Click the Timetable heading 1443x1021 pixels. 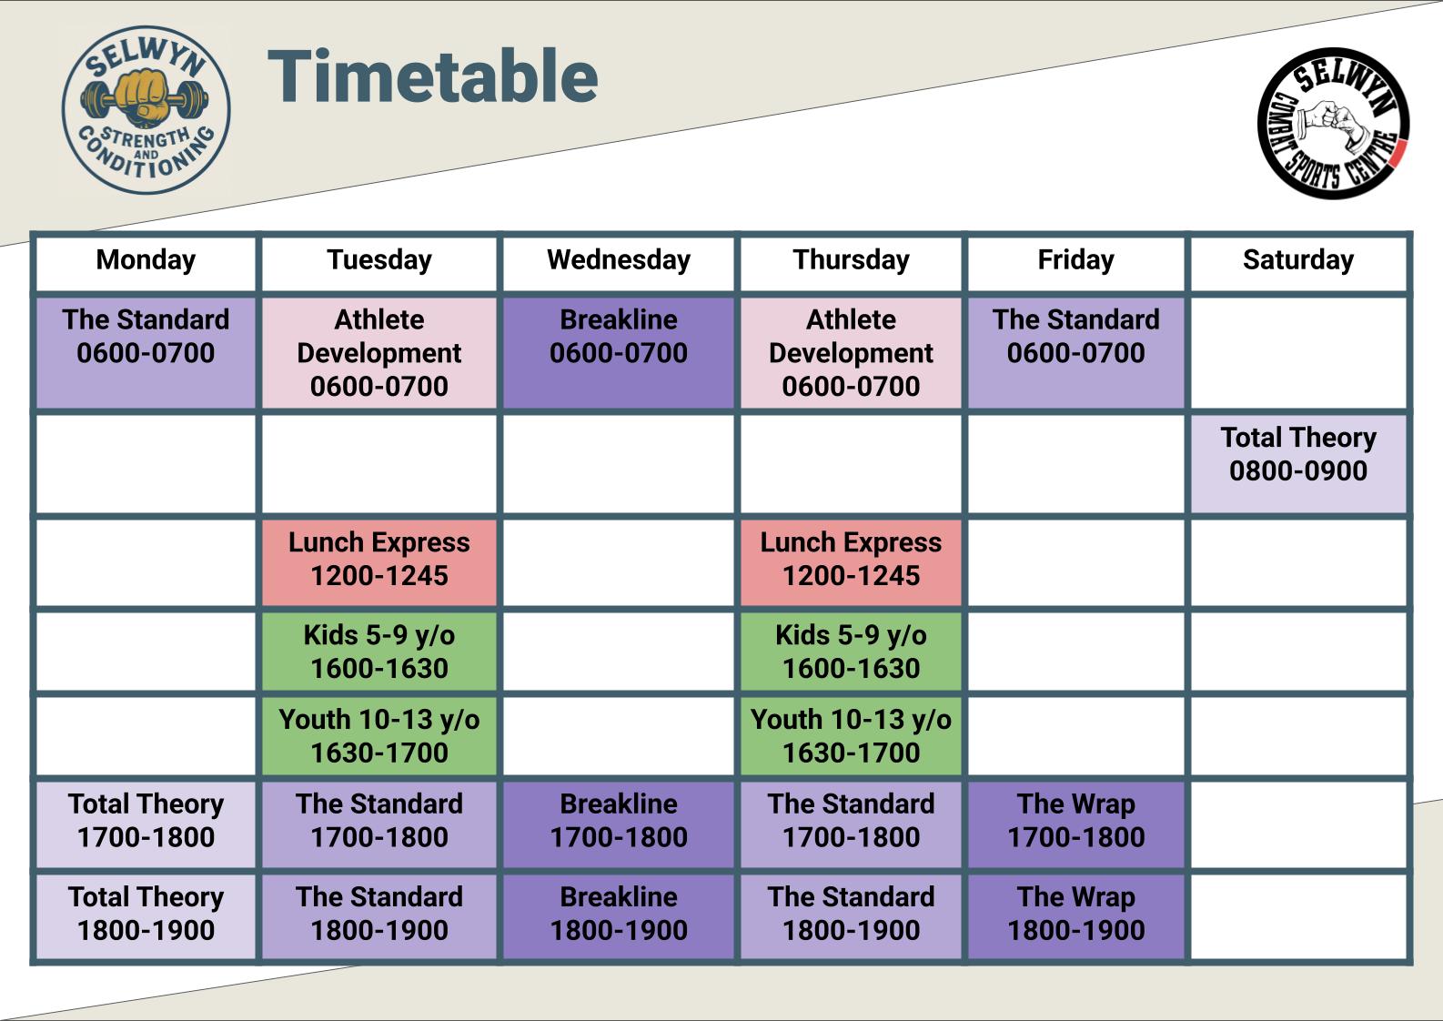click(433, 76)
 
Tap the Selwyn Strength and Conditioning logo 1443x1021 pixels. click(146, 110)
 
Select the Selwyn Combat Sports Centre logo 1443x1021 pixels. click(1334, 123)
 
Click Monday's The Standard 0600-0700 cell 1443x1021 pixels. click(146, 352)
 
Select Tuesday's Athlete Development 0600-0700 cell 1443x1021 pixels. click(379, 352)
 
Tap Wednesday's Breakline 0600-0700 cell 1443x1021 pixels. click(619, 352)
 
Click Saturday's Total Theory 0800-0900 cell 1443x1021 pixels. click(1298, 464)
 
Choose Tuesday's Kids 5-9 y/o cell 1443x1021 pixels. click(379, 652)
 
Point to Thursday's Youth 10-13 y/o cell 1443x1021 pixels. click(851, 735)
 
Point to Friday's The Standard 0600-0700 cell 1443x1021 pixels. click(1075, 352)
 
